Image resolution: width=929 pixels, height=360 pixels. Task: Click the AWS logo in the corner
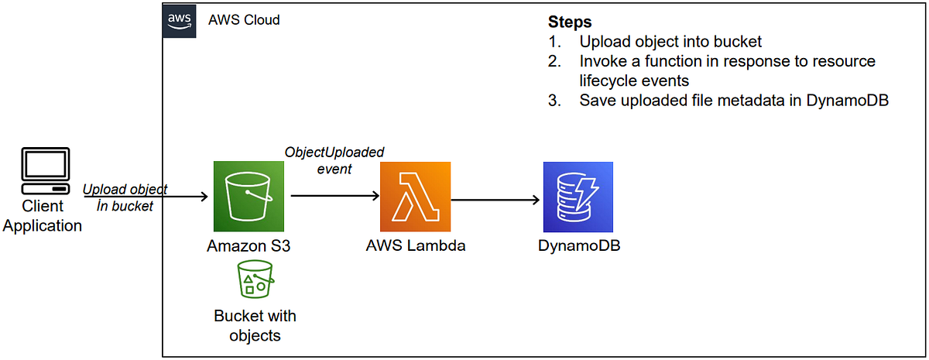coord(177,21)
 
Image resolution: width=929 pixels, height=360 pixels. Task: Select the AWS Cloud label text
coord(244,20)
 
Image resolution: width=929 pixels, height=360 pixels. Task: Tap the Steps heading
coord(569,22)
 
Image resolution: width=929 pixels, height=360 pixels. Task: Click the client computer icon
coord(43,173)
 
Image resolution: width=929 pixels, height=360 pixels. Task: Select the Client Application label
coord(43,217)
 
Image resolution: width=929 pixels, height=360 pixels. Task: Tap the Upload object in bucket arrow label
coord(125,197)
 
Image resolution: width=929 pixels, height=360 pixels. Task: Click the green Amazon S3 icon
coord(249,197)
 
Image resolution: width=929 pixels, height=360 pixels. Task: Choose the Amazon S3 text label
coord(249,246)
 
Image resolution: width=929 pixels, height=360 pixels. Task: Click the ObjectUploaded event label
coord(334,159)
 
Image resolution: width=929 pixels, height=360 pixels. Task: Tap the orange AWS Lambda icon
coord(415,197)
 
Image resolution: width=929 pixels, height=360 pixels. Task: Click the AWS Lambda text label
coord(415,246)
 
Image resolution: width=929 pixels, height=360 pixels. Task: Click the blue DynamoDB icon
coord(578,197)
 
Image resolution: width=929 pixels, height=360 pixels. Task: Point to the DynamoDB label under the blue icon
coord(578,246)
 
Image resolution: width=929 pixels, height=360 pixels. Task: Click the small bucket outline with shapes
coord(255,279)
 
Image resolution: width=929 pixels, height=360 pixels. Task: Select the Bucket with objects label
coord(255,325)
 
